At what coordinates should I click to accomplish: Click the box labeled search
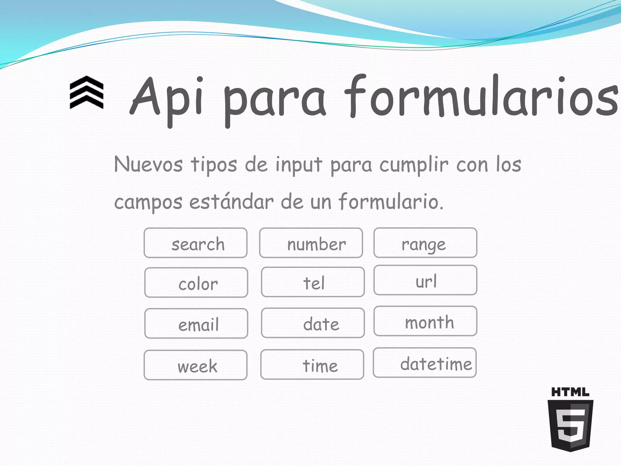196,243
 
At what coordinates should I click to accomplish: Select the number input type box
311,243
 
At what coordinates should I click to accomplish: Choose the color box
196,282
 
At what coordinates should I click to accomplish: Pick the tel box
313,282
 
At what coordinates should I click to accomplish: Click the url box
425,280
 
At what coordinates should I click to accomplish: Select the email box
196,323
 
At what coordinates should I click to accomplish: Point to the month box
425,321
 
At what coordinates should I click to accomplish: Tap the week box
196,365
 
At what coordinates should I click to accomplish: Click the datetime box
425,363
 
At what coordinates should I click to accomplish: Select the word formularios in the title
481,97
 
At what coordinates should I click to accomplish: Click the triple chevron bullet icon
87,93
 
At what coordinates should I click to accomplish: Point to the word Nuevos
148,164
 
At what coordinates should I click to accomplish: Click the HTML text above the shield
570,392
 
